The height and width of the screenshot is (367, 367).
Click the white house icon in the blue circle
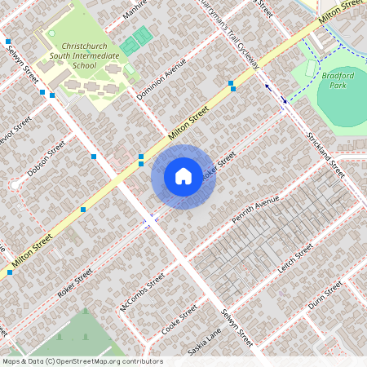point(183,176)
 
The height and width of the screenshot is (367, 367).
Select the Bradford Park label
point(338,79)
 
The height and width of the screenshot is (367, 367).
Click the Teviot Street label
point(15,131)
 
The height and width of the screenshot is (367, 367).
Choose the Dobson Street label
point(46,161)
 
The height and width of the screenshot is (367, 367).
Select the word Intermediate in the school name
point(91,55)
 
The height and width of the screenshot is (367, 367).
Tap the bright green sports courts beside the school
point(137,40)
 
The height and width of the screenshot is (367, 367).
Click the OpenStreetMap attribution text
point(82,361)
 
